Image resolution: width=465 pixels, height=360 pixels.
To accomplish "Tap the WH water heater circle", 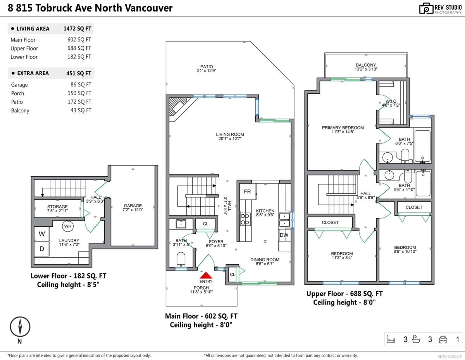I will click(x=68, y=226).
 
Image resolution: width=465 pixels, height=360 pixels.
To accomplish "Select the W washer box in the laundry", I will click(x=42, y=234).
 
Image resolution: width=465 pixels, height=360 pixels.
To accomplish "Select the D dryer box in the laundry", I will click(x=42, y=248).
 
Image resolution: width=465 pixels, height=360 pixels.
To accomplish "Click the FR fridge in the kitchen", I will click(x=247, y=192).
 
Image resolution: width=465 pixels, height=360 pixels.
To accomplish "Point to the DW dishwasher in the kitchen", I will click(x=284, y=235).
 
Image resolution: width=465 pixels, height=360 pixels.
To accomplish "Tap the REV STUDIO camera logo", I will click(x=426, y=9).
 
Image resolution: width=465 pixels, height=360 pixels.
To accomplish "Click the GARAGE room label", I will click(x=133, y=206).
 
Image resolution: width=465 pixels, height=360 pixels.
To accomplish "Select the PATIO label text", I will click(x=207, y=67).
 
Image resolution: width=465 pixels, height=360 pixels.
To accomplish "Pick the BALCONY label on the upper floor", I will click(x=366, y=65).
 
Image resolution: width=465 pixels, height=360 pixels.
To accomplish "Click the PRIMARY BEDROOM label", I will click(x=343, y=128).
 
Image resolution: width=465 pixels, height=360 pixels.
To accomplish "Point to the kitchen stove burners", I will click(x=245, y=219).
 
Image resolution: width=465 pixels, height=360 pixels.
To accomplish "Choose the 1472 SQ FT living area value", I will click(x=77, y=29).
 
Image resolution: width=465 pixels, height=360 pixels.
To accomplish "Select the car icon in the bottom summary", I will click(x=443, y=340).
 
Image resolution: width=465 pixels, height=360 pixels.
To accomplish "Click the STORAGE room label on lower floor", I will click(x=57, y=207).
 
